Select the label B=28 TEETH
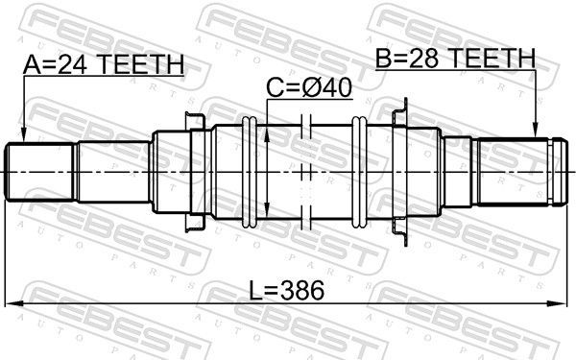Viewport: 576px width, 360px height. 455,60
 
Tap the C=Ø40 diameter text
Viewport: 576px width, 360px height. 309,88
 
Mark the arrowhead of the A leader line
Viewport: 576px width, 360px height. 23,136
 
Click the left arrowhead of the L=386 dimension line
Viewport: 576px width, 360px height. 13,304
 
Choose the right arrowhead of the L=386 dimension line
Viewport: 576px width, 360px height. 562,304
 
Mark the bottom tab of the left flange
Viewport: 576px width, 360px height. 193,226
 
